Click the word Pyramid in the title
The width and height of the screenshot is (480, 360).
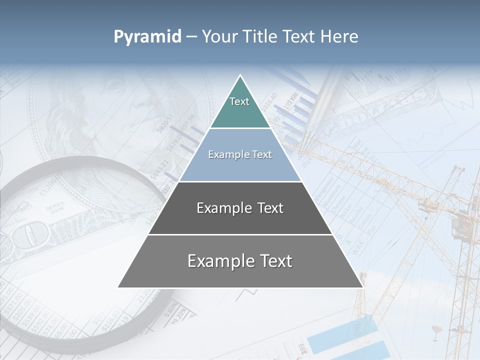[147, 37]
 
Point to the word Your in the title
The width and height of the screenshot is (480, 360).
[219, 37]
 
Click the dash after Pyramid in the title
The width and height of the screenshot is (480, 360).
[191, 37]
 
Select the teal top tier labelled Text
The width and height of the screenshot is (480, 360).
[239, 107]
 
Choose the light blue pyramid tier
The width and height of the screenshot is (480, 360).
[240, 155]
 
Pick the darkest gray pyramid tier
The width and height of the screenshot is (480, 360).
[240, 208]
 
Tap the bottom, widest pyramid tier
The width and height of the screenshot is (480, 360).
[240, 261]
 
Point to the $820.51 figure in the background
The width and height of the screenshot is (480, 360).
[165, 123]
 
